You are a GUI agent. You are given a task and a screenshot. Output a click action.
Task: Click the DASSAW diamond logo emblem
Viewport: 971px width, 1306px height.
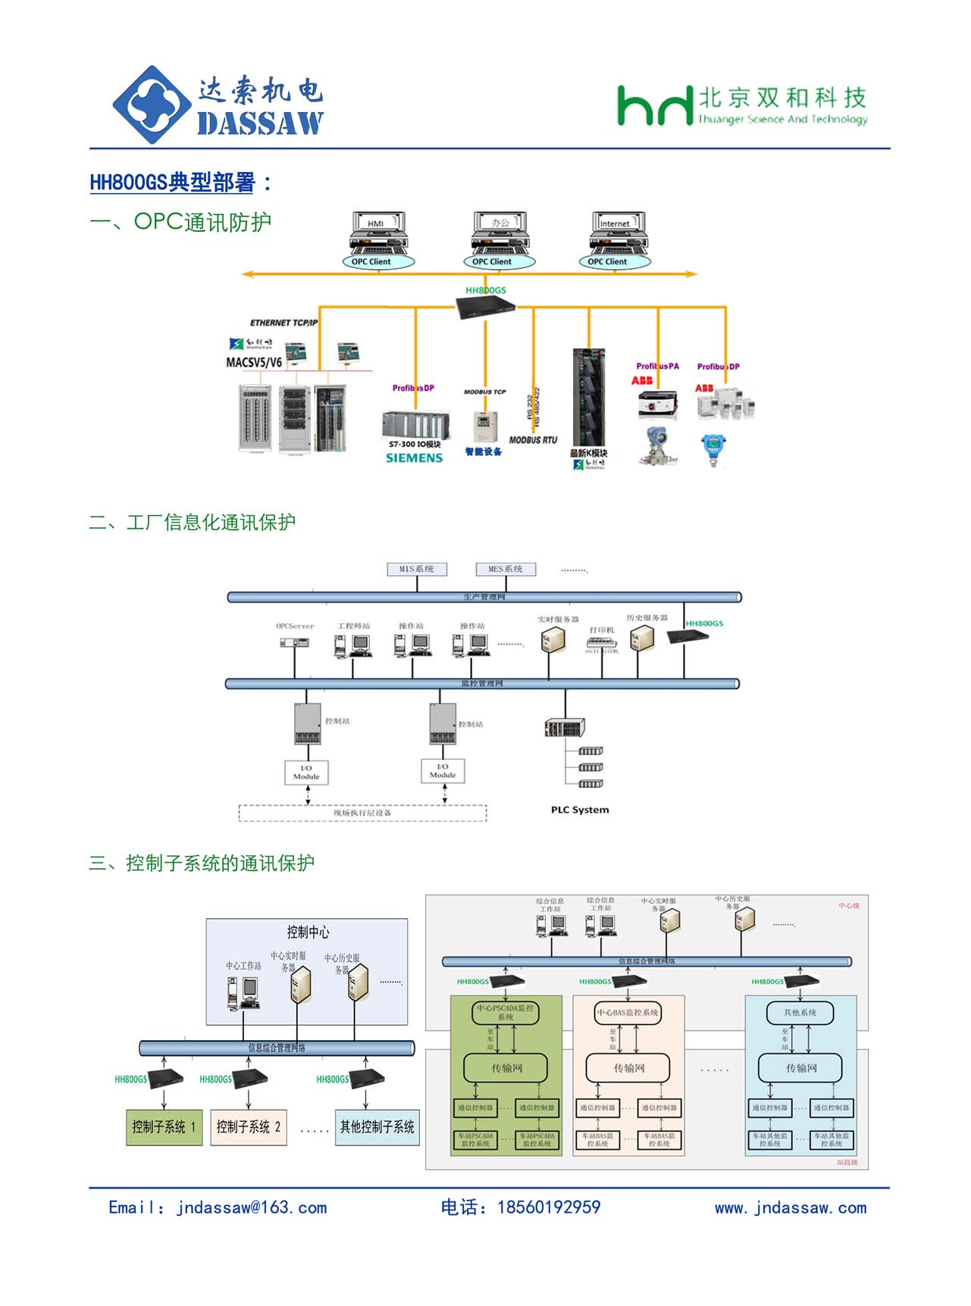pos(152,105)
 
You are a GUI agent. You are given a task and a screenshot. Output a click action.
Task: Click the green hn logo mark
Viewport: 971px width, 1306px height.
pos(654,106)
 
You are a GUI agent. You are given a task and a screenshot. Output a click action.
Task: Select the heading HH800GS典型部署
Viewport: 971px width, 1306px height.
pos(173,183)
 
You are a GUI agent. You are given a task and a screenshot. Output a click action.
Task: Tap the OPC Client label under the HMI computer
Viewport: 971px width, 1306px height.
pos(371,262)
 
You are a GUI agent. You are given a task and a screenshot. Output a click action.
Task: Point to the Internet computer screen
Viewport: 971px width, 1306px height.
pos(614,223)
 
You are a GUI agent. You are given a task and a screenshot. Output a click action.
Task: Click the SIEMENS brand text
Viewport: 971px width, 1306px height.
pos(414,458)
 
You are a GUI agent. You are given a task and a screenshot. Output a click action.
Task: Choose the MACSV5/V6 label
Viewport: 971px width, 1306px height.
pos(254,363)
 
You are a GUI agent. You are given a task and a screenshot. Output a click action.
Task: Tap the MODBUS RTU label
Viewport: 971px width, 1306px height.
pos(533,440)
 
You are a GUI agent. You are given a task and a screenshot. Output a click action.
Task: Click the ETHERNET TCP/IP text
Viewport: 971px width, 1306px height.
pos(284,323)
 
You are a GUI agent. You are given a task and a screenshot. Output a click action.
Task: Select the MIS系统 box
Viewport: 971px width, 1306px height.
pos(416,569)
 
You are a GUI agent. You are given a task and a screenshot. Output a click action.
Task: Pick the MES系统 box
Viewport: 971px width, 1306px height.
pos(506,569)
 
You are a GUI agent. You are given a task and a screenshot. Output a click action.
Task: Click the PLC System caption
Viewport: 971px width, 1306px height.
pos(580,810)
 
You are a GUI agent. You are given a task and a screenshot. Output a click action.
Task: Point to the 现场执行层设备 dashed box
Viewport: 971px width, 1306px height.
pos(362,813)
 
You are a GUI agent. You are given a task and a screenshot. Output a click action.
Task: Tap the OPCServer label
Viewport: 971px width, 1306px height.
pos(295,626)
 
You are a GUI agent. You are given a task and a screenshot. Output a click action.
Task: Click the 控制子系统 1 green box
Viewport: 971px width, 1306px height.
pos(164,1127)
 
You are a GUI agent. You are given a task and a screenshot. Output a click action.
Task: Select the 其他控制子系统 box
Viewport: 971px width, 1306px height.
pos(377,1127)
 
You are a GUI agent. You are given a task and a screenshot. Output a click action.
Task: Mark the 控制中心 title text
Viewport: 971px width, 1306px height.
pos(308,933)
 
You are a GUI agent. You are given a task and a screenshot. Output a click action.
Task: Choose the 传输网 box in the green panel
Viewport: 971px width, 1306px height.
pos(506,1068)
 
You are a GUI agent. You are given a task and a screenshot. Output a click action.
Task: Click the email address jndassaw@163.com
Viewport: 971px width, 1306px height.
pos(252,1208)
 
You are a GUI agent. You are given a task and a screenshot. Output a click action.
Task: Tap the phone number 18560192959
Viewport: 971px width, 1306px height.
pos(548,1208)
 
